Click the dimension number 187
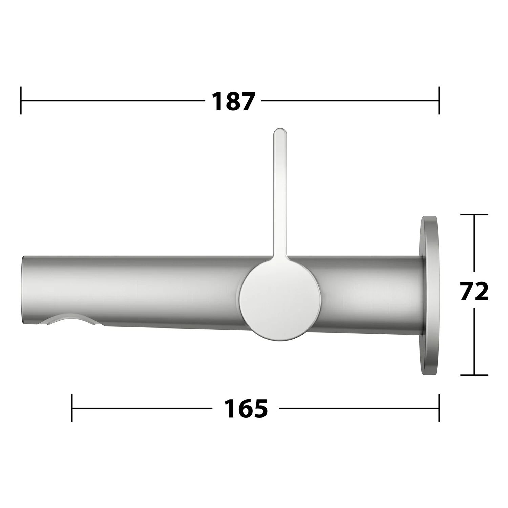[x=232, y=101]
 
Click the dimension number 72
[x=474, y=291]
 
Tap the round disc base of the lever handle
[x=280, y=300]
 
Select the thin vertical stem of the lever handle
[x=280, y=193]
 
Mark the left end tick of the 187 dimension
[x=21, y=101]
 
